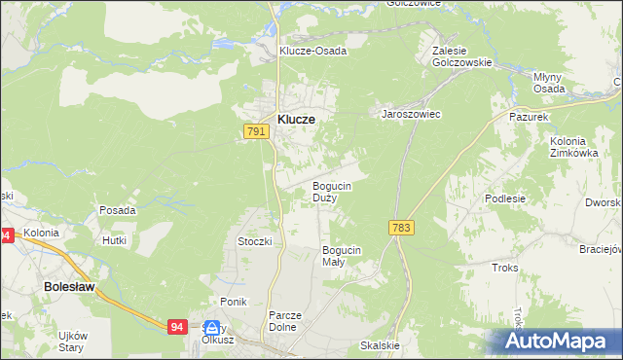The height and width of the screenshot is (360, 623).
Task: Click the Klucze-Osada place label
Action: pyautogui.click(x=312, y=51)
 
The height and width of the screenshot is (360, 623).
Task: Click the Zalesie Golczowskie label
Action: pyautogui.click(x=462, y=54)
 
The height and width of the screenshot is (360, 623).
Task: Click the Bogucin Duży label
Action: pyautogui.click(x=331, y=191)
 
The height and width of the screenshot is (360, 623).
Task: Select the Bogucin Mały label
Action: pyautogui.click(x=342, y=256)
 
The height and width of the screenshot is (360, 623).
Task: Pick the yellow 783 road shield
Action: pyautogui.click(x=400, y=227)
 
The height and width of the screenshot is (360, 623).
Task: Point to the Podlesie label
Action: pyautogui.click(x=505, y=198)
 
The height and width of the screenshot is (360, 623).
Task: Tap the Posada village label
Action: pyautogui.click(x=117, y=210)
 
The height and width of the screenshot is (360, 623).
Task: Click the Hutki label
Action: pyautogui.click(x=116, y=238)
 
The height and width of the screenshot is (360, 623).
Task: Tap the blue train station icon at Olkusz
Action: pyautogui.click(x=213, y=329)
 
